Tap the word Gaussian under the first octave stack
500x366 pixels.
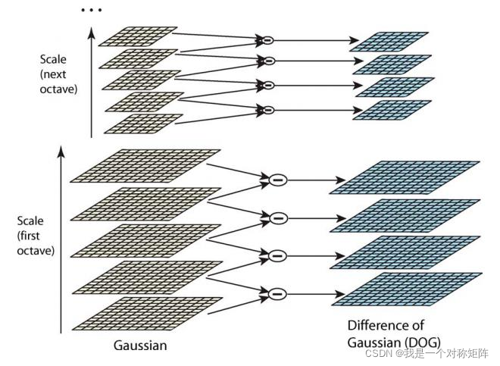click(140, 346)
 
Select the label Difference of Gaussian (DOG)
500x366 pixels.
click(394, 333)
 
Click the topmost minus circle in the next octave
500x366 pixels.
click(266, 39)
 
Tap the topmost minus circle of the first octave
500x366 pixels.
click(278, 180)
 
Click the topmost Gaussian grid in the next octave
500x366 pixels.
click(138, 36)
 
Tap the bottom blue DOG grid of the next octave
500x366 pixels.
click(393, 111)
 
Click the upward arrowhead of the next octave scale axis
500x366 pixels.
click(92, 30)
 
